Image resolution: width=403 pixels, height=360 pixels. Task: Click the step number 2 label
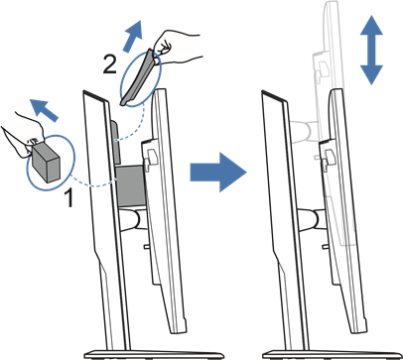pos(109,63)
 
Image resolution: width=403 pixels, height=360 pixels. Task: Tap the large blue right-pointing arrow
pos(218,172)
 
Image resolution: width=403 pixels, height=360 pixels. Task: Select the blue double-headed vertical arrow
pos(371,50)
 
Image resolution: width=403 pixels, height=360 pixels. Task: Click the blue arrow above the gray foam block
pos(44,108)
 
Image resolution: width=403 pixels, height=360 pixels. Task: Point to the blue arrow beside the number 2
pos(133,36)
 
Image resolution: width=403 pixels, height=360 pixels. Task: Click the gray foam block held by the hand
pos(47,162)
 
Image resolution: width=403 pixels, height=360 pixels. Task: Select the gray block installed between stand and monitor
pos(130,185)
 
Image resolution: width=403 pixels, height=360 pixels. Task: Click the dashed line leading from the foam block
pos(93,182)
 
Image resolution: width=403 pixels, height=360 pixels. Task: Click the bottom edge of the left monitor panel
pos(179,331)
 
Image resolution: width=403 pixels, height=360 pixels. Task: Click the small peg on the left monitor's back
pos(146,246)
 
